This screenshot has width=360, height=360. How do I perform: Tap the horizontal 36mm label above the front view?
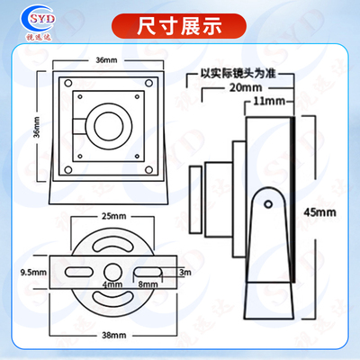106,59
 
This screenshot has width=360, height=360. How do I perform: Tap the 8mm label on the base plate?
148,284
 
